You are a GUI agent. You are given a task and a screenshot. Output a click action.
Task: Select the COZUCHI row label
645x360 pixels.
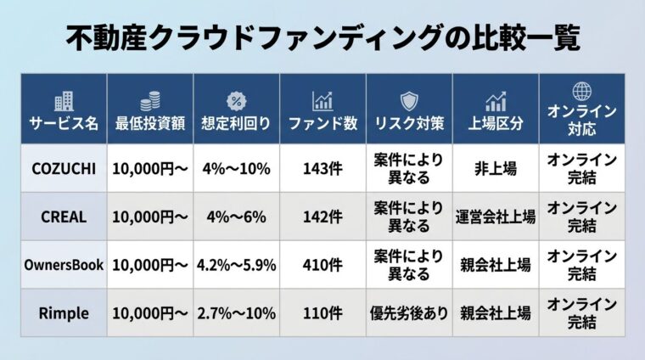coord(64,168)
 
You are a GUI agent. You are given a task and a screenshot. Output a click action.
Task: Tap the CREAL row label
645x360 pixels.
coord(64,217)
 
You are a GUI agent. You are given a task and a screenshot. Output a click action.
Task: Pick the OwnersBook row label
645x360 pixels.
coord(64,265)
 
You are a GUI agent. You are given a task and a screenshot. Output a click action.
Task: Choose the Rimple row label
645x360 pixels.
coord(64,313)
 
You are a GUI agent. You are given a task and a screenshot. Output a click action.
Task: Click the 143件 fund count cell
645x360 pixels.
coord(322,168)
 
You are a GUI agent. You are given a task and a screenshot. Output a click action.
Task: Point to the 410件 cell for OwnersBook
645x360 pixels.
coord(322,265)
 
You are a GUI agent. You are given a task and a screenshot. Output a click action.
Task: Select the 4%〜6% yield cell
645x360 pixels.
coord(236,217)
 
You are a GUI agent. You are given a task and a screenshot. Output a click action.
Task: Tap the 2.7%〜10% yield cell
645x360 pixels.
coord(236,313)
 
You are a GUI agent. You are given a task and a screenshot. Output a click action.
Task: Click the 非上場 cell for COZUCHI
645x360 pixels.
coord(496,168)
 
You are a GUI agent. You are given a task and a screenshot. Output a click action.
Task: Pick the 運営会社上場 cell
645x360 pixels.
coord(496,217)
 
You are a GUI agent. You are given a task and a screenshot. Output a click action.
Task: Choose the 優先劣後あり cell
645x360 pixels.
coord(409,313)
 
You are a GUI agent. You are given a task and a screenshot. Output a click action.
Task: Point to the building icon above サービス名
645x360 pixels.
coord(64,101)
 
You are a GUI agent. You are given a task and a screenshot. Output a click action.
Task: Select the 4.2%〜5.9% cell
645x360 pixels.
coord(236,265)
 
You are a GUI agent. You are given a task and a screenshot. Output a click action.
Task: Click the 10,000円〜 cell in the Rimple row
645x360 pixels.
coord(150,313)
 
